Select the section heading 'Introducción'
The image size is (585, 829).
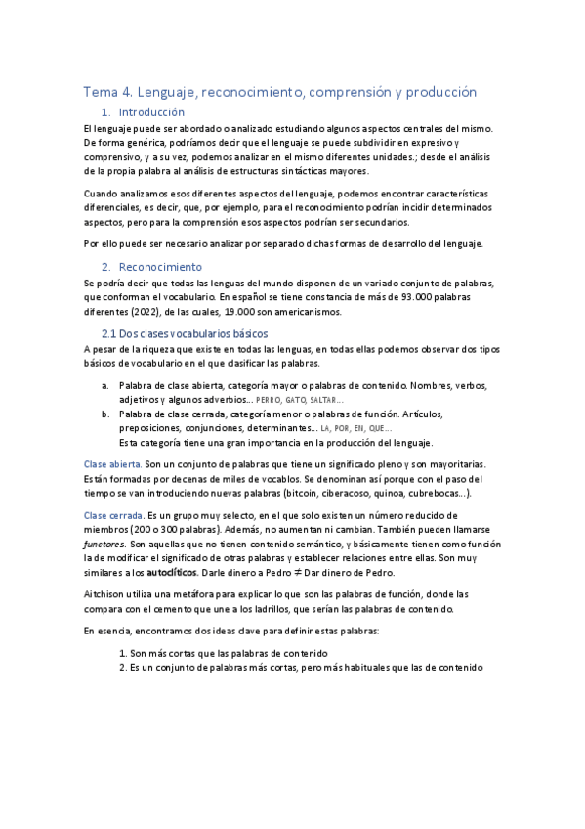pos(150,112)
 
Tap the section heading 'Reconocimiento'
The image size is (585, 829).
pos(159,267)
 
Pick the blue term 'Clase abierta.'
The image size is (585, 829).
pos(112,463)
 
